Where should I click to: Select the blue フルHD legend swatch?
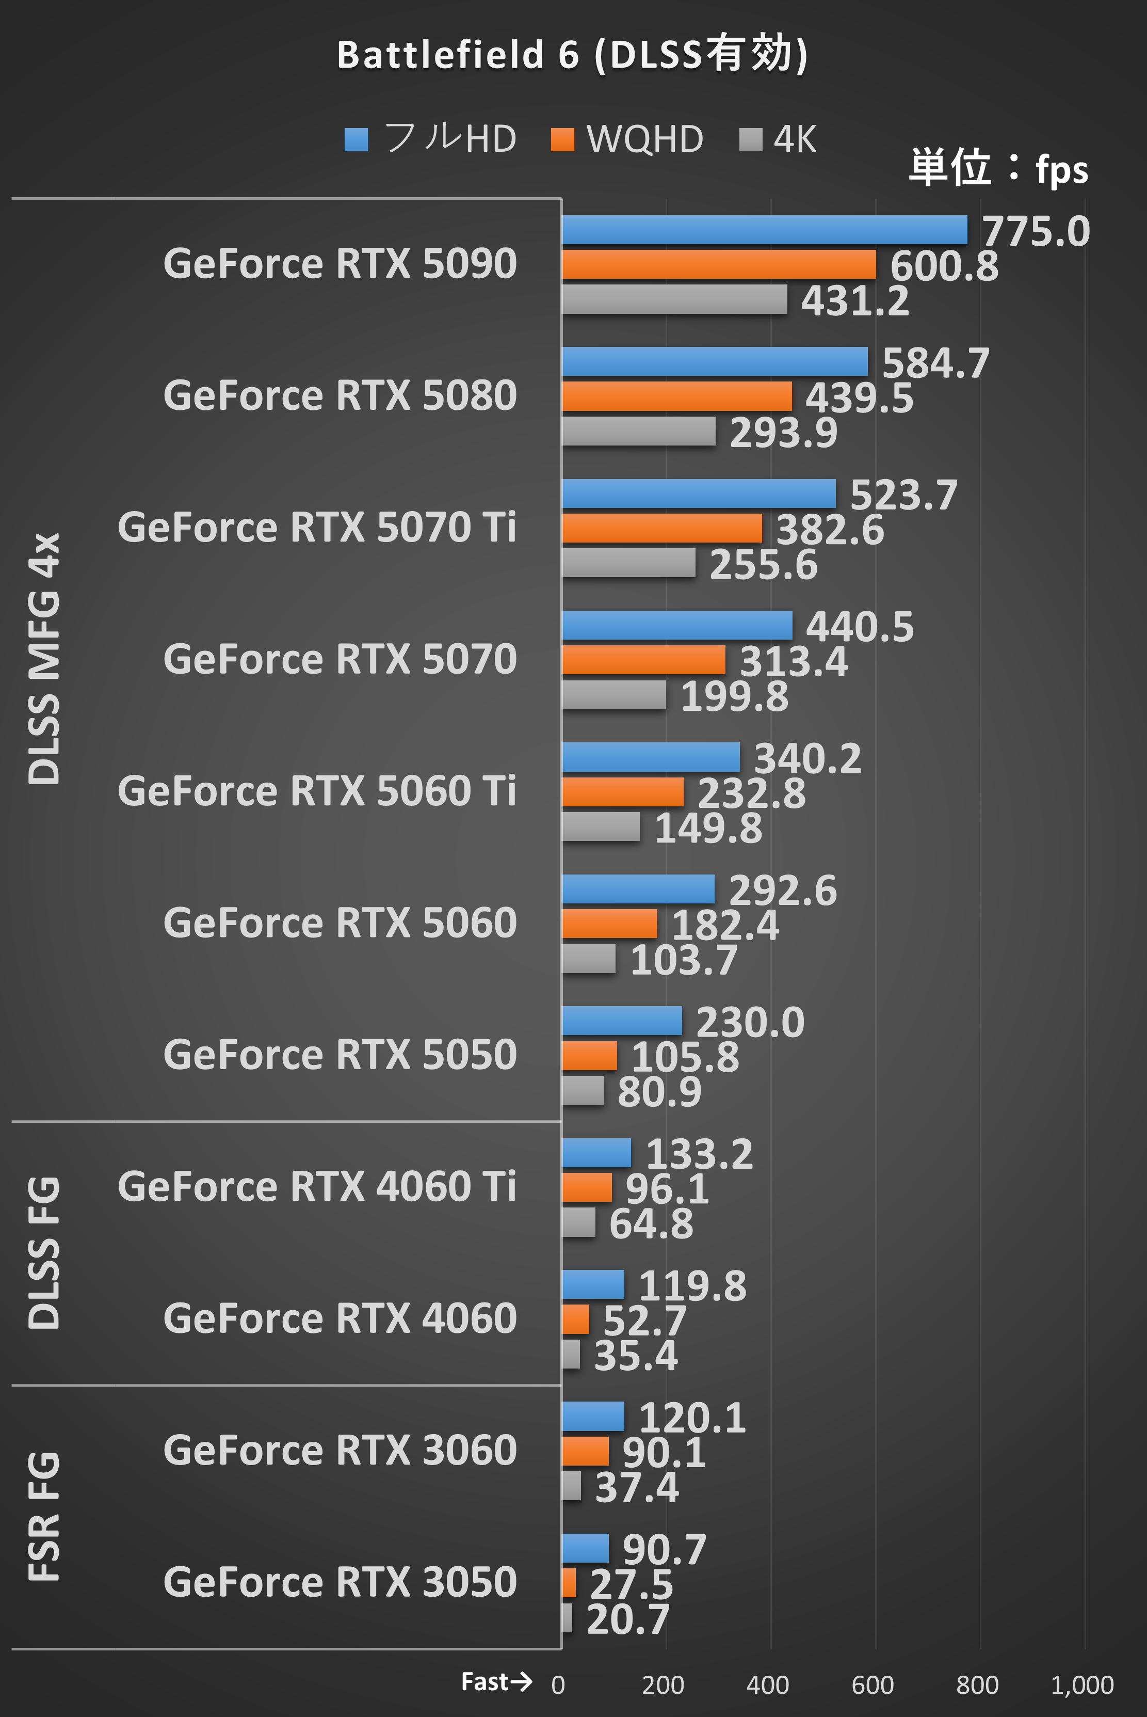click(356, 139)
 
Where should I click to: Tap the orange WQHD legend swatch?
click(562, 139)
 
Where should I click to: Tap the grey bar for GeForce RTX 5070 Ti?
click(628, 563)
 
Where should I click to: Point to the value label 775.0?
click(1035, 231)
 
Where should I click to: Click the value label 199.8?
click(734, 696)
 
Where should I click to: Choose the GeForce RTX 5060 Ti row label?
click(317, 791)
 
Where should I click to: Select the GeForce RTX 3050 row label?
click(340, 1582)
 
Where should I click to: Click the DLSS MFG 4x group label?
click(44, 659)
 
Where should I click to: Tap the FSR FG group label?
click(44, 1517)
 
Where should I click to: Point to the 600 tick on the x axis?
click(872, 1685)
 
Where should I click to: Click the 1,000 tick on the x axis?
click(1082, 1685)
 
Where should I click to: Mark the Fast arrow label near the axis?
click(496, 1682)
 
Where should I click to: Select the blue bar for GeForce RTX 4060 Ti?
click(596, 1153)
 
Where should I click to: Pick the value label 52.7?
click(644, 1321)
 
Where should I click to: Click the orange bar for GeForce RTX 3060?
click(585, 1451)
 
